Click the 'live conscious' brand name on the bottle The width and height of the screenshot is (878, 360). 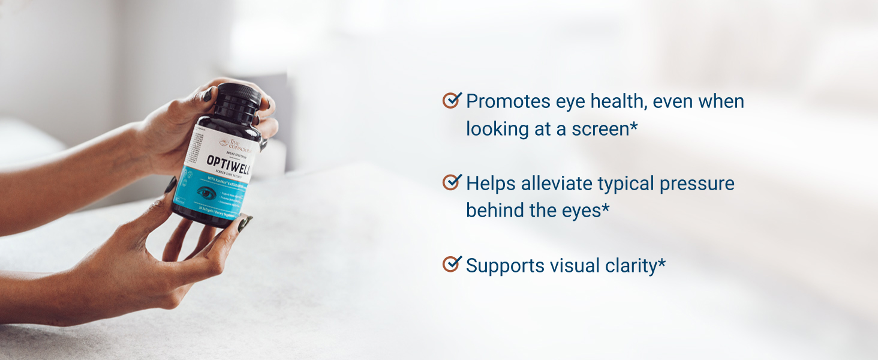(x=239, y=144)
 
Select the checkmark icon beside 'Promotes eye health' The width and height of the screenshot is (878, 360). (x=451, y=100)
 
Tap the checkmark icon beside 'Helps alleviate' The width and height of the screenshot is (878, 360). (x=451, y=182)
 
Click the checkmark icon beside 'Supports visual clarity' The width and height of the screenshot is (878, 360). (x=451, y=264)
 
